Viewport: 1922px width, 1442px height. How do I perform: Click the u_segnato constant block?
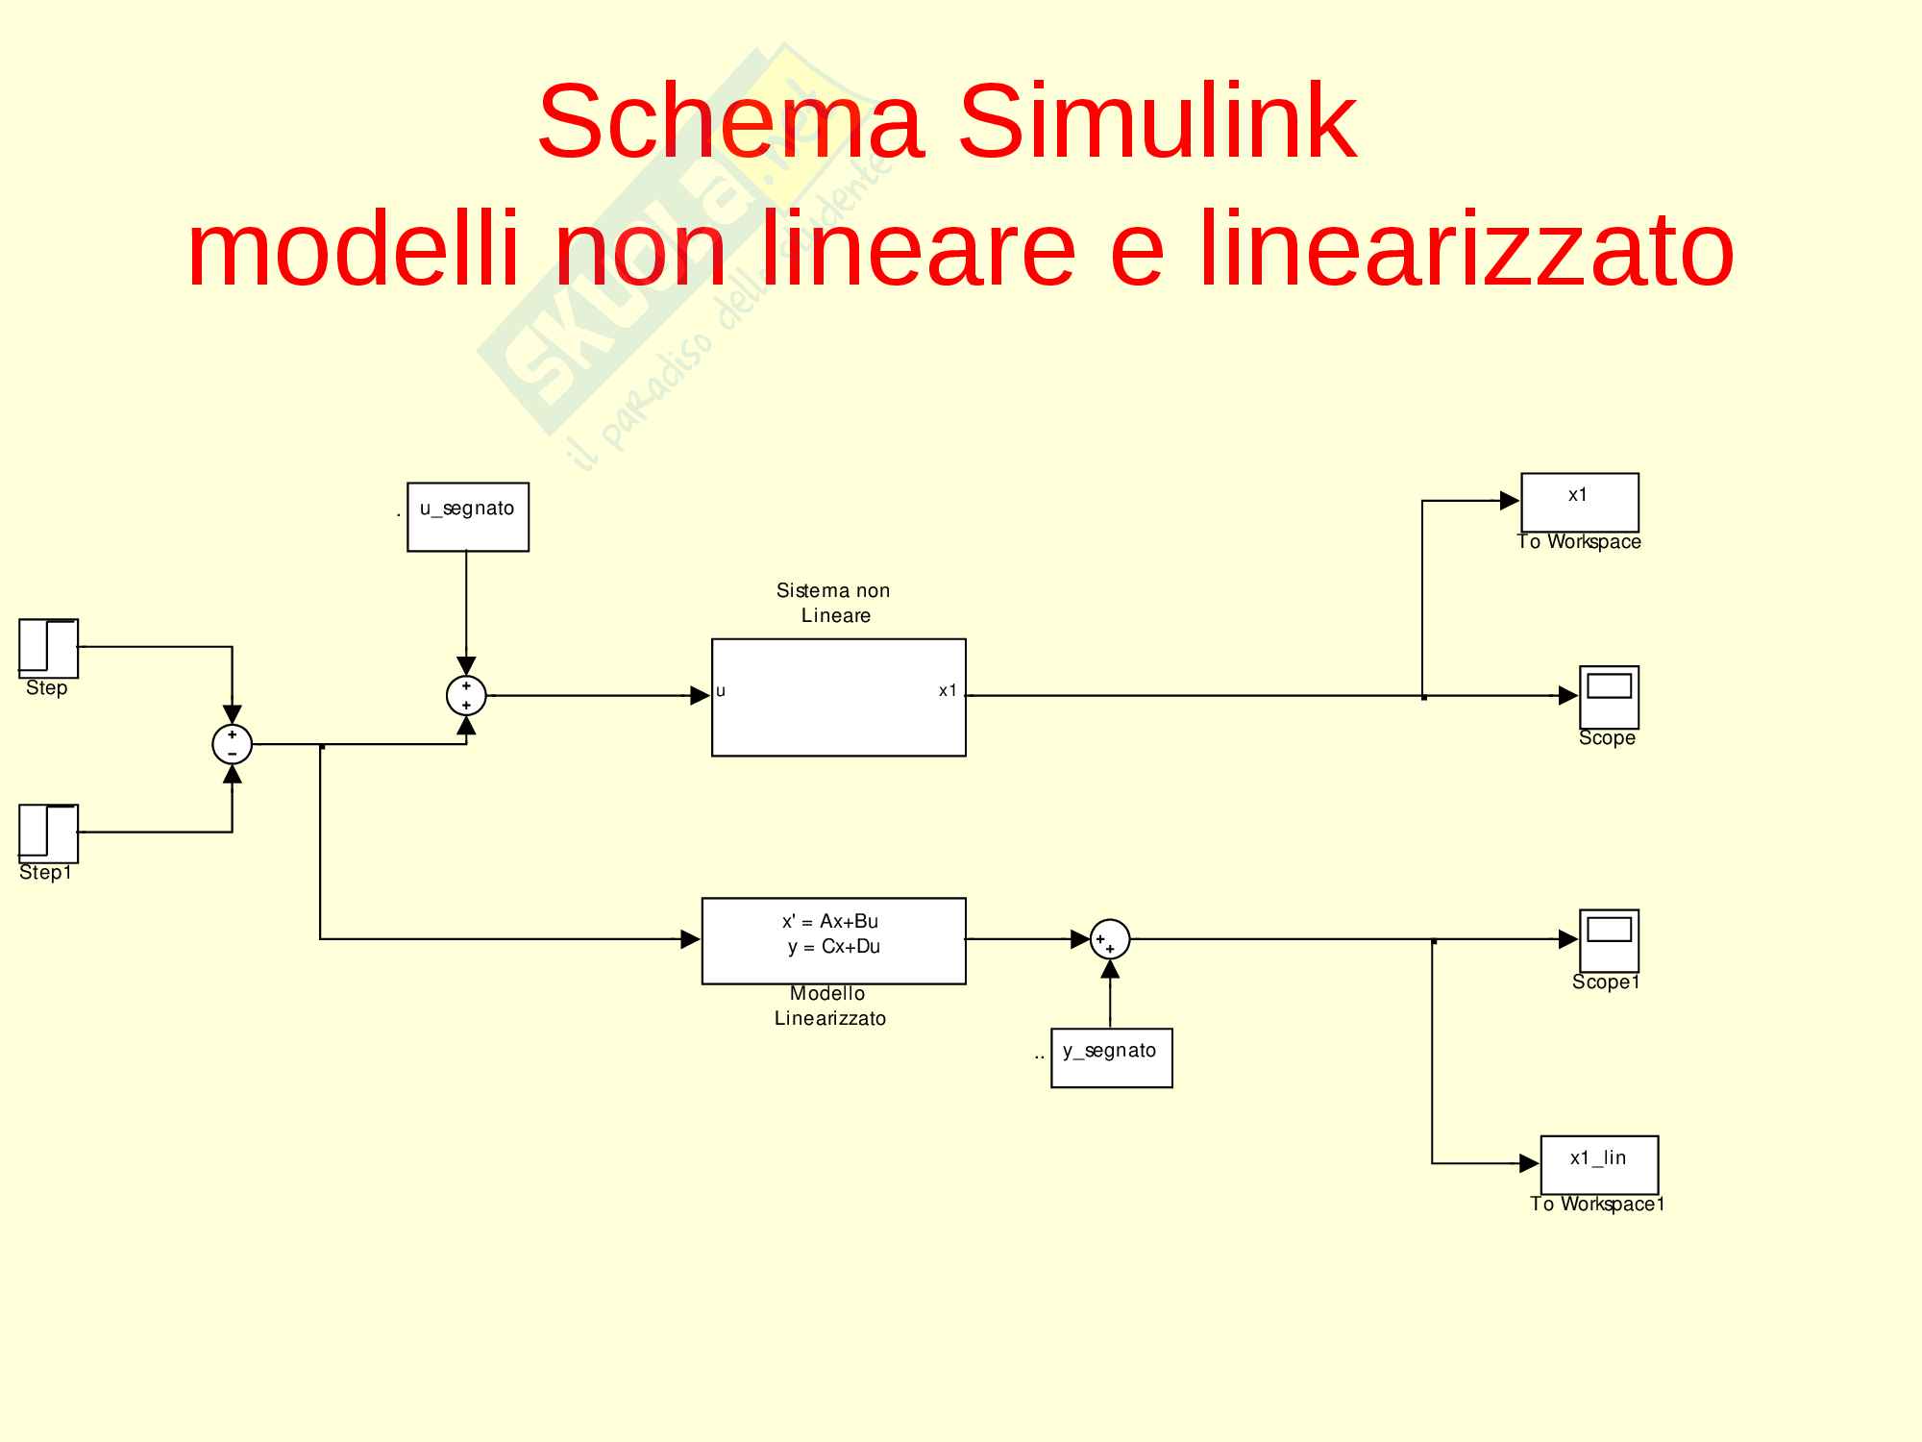click(x=468, y=516)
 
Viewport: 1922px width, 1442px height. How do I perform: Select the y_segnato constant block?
click(x=1111, y=1057)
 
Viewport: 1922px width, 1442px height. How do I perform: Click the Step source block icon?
click(x=48, y=648)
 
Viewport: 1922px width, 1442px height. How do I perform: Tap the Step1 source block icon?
click(x=48, y=833)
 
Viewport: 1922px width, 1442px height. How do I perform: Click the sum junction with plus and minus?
click(x=232, y=744)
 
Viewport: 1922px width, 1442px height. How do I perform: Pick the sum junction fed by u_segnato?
click(x=466, y=696)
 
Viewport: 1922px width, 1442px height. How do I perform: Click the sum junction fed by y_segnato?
click(x=1110, y=939)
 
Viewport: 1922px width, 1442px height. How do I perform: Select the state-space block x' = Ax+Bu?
click(x=833, y=940)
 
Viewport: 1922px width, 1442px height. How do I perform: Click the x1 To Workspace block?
click(x=1579, y=502)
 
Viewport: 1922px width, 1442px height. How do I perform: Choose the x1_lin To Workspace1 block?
click(x=1599, y=1164)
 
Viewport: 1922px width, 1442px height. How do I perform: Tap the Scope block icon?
click(x=1609, y=697)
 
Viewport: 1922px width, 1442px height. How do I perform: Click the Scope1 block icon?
click(x=1609, y=940)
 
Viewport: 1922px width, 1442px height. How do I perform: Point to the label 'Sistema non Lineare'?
click(x=834, y=603)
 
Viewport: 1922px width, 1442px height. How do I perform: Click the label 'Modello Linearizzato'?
click(x=829, y=1006)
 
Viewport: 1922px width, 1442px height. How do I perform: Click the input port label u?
click(x=721, y=691)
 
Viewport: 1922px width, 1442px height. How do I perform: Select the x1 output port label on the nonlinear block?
click(x=948, y=691)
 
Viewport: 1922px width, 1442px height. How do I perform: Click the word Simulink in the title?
click(x=1157, y=122)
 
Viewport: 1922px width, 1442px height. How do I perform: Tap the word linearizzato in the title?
click(x=1466, y=250)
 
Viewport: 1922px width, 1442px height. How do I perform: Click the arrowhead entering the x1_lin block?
click(x=1530, y=1164)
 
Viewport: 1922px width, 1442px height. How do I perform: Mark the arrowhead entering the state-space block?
click(x=690, y=939)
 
